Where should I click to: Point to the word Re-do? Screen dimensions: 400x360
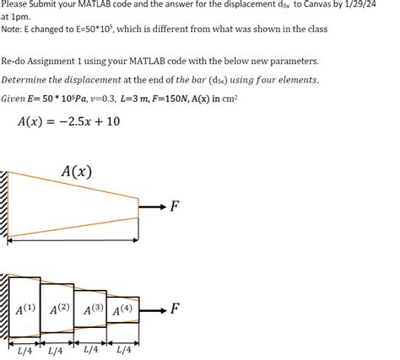pos(16,62)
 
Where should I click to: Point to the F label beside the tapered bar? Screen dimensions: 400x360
pos(175,207)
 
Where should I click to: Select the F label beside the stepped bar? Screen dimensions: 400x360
pos(175,309)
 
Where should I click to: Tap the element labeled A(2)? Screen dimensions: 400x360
pos(58,309)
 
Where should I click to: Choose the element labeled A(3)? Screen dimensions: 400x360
pos(91,309)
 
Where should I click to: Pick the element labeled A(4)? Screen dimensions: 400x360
pos(122,309)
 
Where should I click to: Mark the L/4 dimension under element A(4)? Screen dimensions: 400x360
pos(123,351)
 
